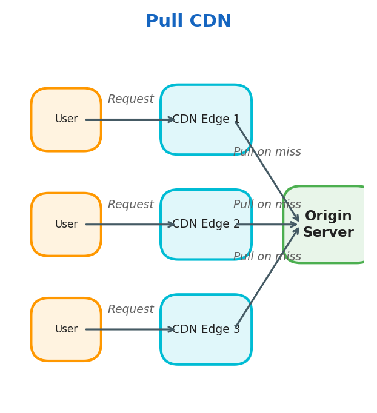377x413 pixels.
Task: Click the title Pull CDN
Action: [x=189, y=21]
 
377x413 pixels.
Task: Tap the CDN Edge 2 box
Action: [x=206, y=242]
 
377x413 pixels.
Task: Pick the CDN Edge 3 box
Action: [x=206, y=348]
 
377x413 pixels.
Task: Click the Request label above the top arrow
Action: [x=131, y=99]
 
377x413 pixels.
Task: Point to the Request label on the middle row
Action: [x=131, y=205]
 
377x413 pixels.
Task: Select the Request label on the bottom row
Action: [x=131, y=309]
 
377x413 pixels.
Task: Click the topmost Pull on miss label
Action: [x=267, y=152]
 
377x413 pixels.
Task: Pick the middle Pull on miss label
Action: [x=267, y=205]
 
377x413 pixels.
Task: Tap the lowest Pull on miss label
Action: [x=267, y=257]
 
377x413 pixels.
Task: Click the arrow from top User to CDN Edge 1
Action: [x=130, y=119]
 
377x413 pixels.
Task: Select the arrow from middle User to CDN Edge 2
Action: [x=130, y=225]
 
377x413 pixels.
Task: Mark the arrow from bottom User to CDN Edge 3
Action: [x=130, y=329]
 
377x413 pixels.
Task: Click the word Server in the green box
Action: [x=328, y=233]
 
